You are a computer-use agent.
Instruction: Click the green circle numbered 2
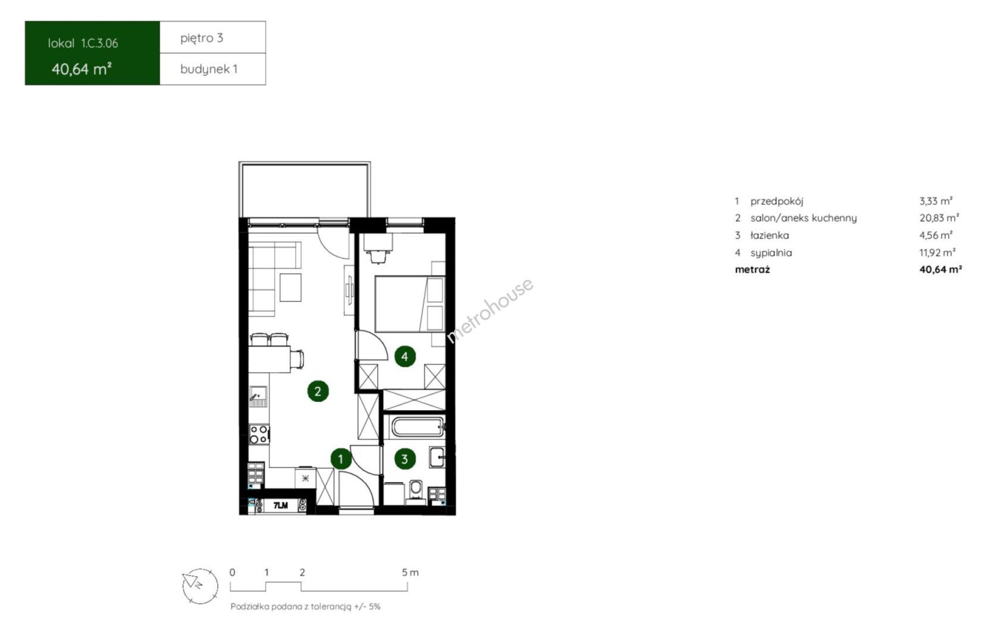pos(318,391)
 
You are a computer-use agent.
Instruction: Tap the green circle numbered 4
pos(405,356)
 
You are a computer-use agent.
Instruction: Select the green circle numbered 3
pos(404,459)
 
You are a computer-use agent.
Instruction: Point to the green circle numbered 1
pos(341,459)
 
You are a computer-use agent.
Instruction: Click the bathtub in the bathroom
pos(418,427)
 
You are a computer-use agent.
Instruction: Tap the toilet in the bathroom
pos(416,491)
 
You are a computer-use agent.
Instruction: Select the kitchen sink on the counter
pos(258,396)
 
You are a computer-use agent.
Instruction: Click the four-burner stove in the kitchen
pos(259,433)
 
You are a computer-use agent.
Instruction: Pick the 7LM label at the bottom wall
pos(281,505)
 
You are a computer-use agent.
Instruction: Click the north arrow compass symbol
pos(200,586)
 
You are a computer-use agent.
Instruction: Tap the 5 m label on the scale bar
pos(410,573)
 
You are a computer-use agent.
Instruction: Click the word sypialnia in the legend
pos(771,252)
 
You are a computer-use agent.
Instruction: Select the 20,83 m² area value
pos(939,218)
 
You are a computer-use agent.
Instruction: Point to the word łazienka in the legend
pos(770,235)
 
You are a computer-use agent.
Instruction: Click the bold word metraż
pos(752,269)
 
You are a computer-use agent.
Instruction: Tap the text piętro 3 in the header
pos(202,38)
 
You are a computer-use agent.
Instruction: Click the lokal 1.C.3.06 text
pos(83,43)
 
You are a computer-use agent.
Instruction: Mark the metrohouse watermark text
pos(490,310)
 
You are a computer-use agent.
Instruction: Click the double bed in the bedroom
pos(409,304)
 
